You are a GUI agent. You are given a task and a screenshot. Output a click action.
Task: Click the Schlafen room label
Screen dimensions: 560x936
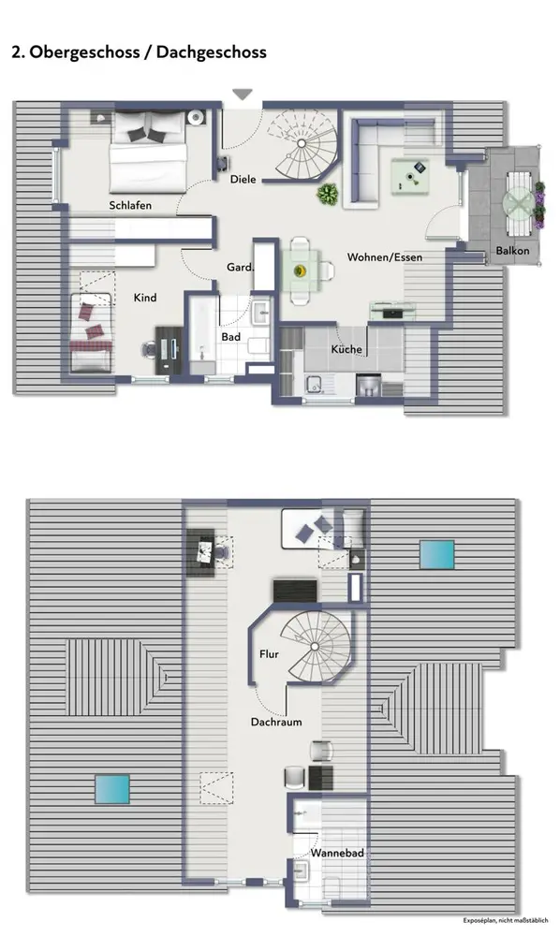tap(130, 205)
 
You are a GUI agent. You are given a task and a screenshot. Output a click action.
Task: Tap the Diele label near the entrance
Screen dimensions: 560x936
tap(243, 179)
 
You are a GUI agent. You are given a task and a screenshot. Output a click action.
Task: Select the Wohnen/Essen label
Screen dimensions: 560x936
tap(385, 257)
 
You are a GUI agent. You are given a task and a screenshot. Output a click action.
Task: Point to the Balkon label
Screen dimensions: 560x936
tap(512, 251)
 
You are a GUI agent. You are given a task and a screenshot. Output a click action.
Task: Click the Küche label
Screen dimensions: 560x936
tap(346, 349)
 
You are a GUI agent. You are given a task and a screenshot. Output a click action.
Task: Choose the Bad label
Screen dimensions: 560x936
tap(231, 337)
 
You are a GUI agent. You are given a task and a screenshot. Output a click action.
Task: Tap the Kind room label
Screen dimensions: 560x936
tap(145, 298)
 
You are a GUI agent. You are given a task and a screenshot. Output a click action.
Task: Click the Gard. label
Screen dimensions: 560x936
tap(240, 268)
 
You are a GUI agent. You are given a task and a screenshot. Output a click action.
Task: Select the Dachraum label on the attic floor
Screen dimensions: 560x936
tap(276, 722)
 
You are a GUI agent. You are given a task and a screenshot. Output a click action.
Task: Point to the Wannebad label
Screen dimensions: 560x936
tap(337, 853)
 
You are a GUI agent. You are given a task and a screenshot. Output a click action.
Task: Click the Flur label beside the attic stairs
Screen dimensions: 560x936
tap(270, 654)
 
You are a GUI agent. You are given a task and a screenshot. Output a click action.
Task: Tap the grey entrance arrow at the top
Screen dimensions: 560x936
tap(243, 95)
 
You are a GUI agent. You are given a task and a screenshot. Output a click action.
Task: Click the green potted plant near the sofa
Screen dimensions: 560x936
tap(327, 194)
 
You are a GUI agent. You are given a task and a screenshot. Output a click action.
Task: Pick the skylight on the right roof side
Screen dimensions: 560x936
tap(436, 554)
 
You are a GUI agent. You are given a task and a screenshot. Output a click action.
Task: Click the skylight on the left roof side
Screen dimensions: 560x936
tap(112, 789)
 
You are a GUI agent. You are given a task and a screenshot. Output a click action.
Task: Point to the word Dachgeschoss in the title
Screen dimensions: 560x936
tap(212, 52)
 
